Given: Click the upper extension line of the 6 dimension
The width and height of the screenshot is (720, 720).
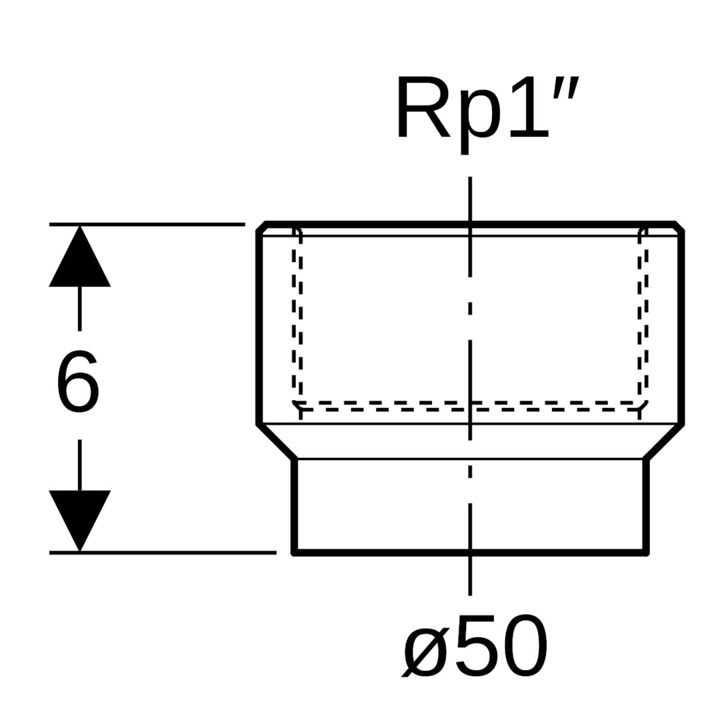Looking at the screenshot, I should coord(147,225).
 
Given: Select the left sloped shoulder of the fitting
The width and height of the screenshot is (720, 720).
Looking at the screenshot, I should coord(277,441).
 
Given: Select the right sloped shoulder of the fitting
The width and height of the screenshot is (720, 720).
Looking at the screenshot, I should coord(664,441).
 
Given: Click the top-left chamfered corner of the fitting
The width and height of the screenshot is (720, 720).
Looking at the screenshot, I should coord(262,227).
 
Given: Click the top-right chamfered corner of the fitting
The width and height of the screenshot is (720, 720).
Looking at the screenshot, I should coord(679,227).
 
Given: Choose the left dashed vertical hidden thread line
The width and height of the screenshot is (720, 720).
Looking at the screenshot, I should coord(297,320).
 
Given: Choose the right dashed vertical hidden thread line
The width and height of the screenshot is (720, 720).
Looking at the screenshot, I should coord(643,320).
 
